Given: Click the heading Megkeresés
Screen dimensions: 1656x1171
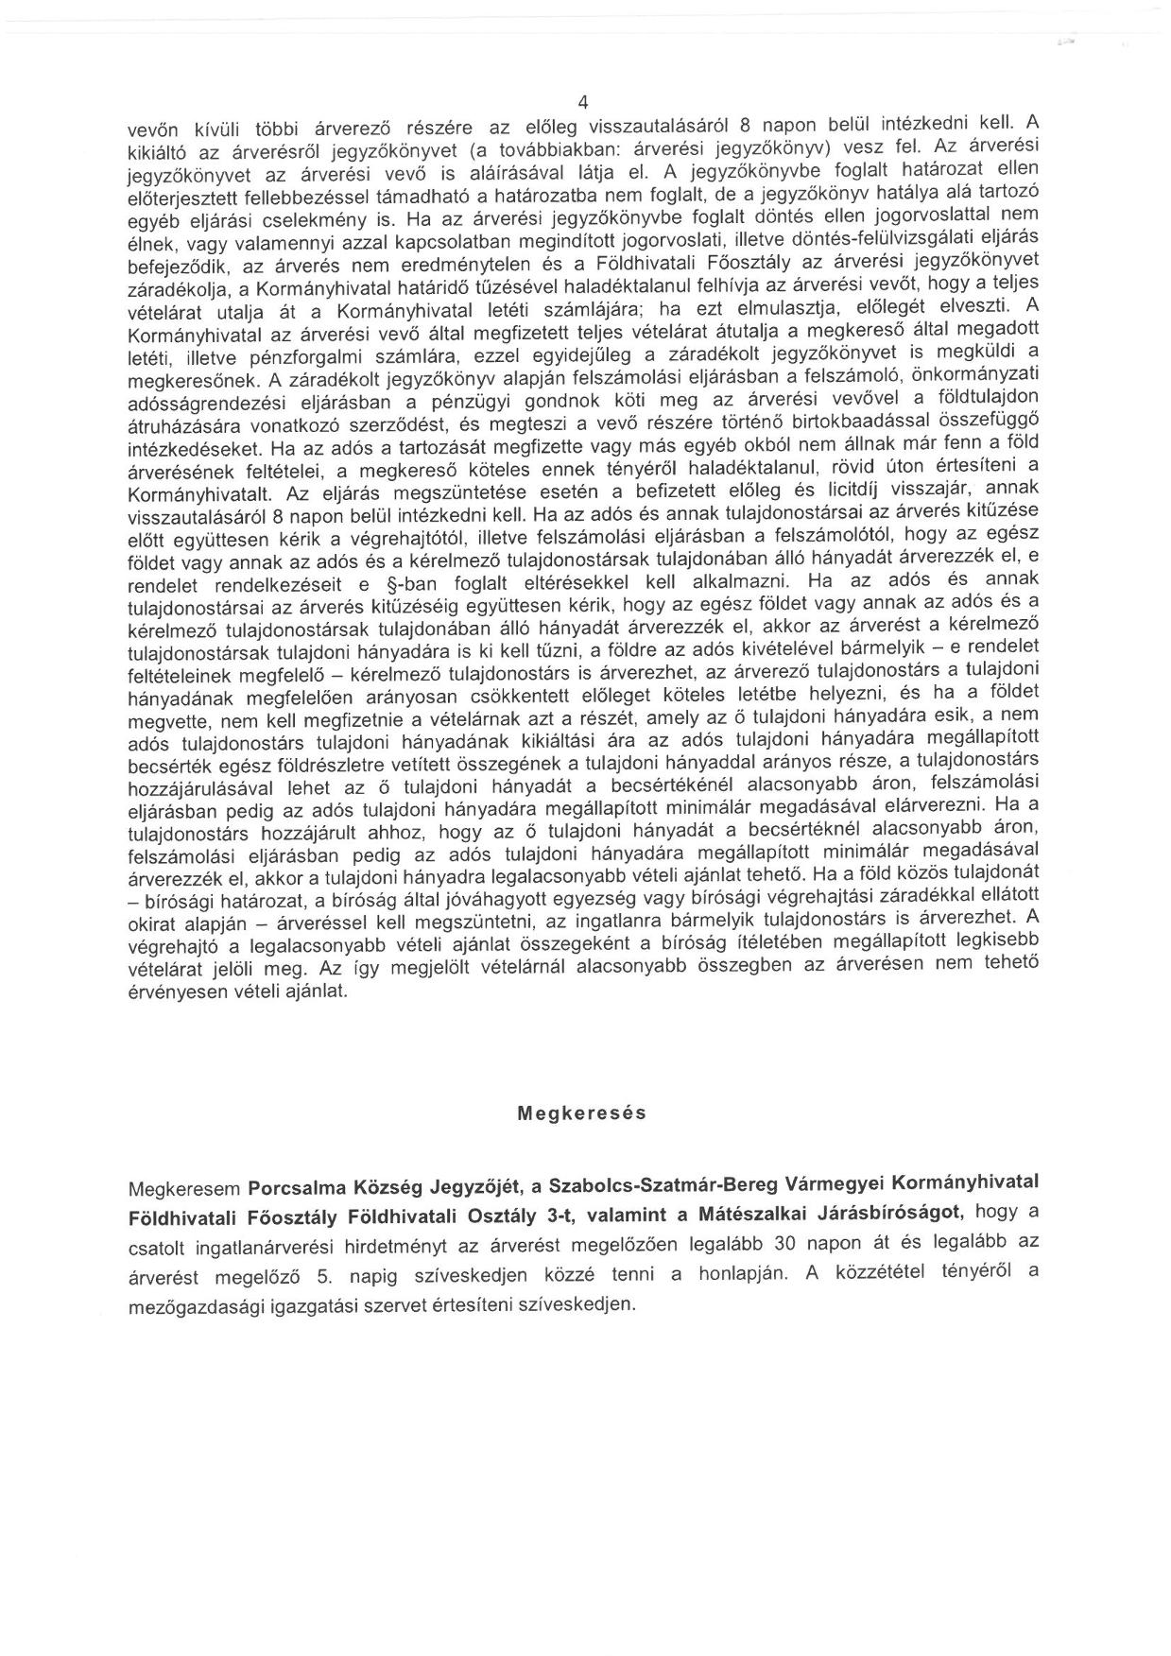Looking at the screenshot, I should click(x=582, y=1113).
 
